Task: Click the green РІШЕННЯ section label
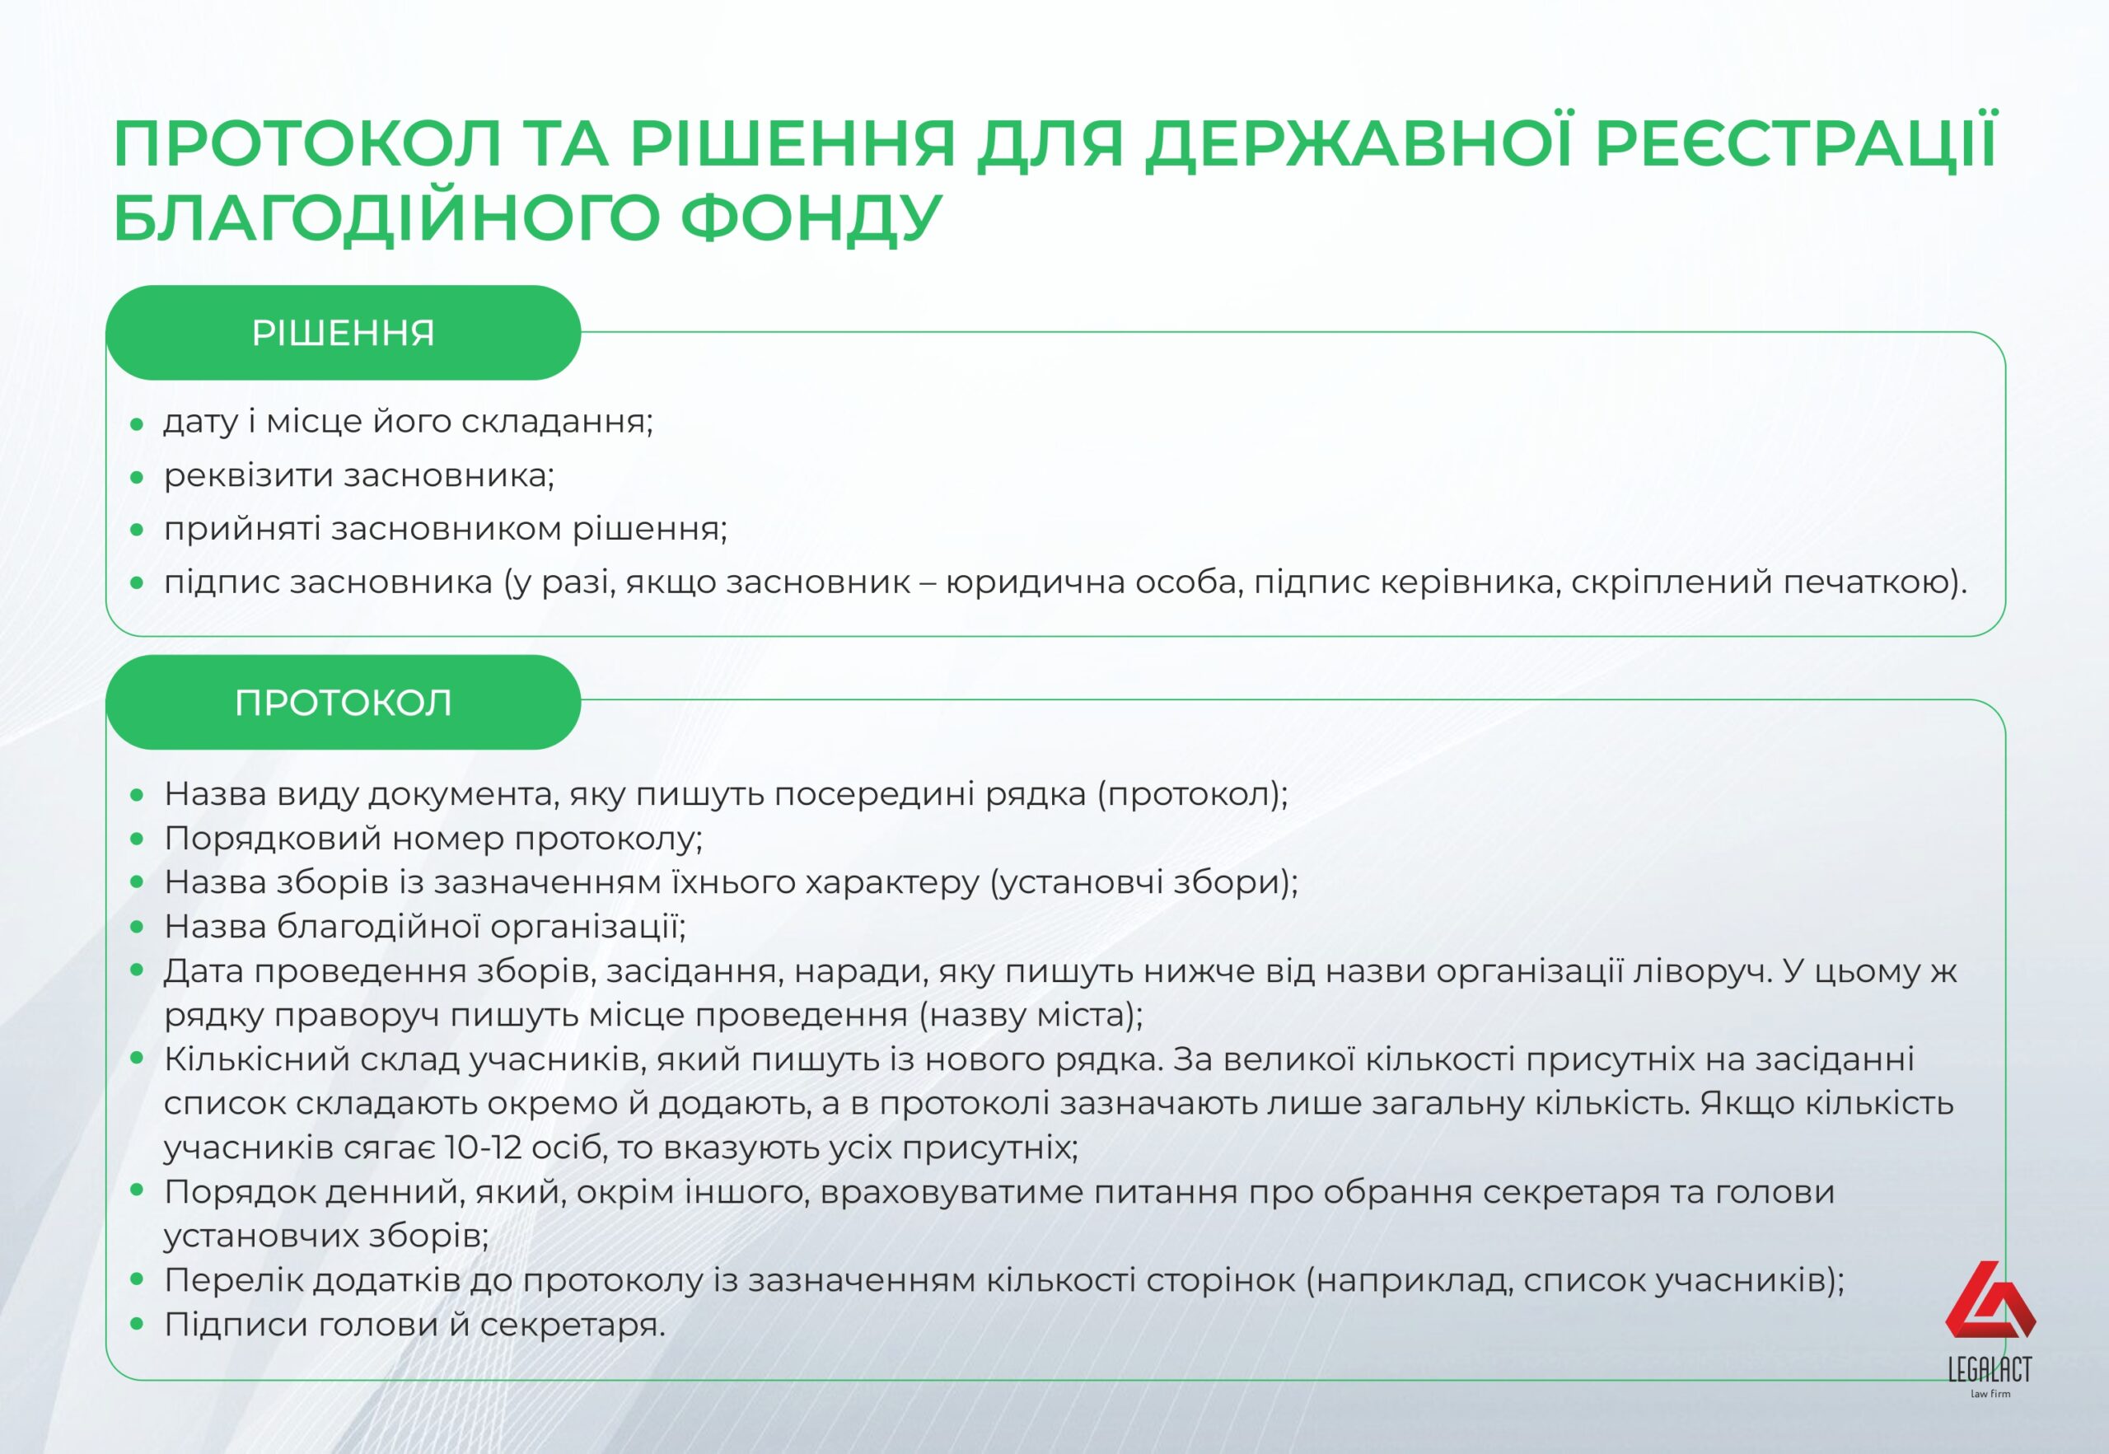344,333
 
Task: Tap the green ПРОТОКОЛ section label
344,703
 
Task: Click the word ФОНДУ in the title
811,217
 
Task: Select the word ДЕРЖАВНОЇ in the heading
1358,143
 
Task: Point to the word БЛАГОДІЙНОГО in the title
386,217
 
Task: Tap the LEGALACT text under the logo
1990,1369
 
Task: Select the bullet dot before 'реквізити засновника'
137,476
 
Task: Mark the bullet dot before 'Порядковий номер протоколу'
137,838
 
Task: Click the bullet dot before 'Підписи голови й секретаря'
137,1325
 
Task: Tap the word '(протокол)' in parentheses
1193,794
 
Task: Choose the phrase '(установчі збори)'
1144,882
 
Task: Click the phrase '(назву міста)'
1031,1015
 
